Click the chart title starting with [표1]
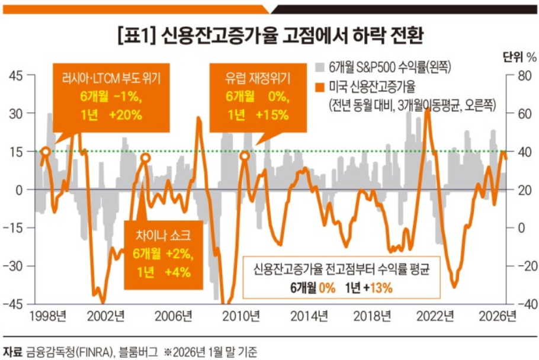[269, 34]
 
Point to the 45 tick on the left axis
[15, 75]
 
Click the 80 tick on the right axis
[521, 75]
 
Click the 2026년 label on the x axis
[499, 315]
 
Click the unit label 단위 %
[519, 57]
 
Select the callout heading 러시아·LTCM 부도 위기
[107, 77]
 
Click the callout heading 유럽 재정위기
[257, 77]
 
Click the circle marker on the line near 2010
[245, 156]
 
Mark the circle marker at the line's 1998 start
[45, 152]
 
